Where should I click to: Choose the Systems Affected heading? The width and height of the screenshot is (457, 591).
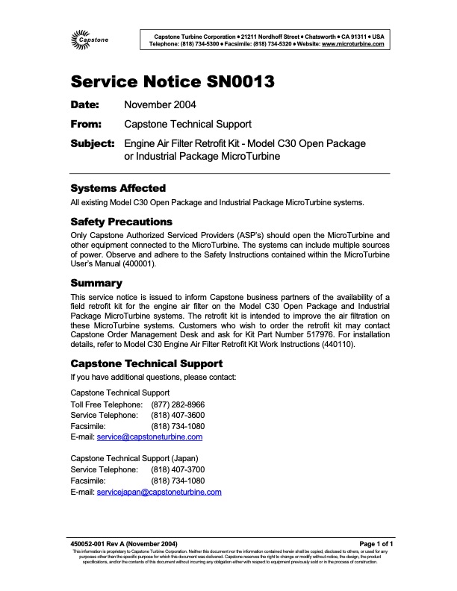tap(117, 188)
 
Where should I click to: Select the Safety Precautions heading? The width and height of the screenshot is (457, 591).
tap(121, 222)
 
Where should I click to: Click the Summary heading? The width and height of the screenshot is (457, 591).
tap(96, 283)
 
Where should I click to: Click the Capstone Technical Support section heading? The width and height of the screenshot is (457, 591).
tap(146, 363)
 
